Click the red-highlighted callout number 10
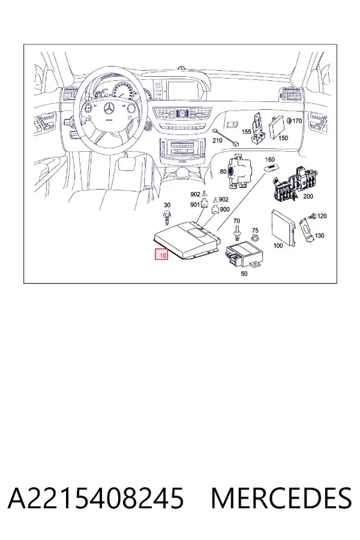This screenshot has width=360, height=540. pyautogui.click(x=162, y=255)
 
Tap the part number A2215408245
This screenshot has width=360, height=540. pyautogui.click(x=96, y=498)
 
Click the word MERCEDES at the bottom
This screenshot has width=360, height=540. pyautogui.click(x=281, y=498)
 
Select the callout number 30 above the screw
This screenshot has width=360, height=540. pyautogui.click(x=167, y=205)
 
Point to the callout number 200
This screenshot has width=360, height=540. pyautogui.click(x=308, y=196)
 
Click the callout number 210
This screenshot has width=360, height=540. pyautogui.click(x=217, y=140)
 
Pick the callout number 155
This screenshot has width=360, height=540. pyautogui.click(x=247, y=131)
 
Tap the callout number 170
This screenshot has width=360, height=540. pyautogui.click(x=296, y=121)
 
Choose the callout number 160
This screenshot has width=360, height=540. pyautogui.click(x=270, y=160)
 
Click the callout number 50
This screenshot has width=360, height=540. pyautogui.click(x=244, y=274)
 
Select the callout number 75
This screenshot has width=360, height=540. pyautogui.click(x=255, y=230)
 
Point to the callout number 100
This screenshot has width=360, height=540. pyautogui.click(x=278, y=245)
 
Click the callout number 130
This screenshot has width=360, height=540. pyautogui.click(x=320, y=236)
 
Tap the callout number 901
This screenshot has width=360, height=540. pyautogui.click(x=195, y=205)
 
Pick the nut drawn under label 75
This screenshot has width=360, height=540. pyautogui.click(x=255, y=238)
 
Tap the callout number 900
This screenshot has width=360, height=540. pyautogui.click(x=224, y=209)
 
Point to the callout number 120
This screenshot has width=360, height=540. pyautogui.click(x=322, y=216)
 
